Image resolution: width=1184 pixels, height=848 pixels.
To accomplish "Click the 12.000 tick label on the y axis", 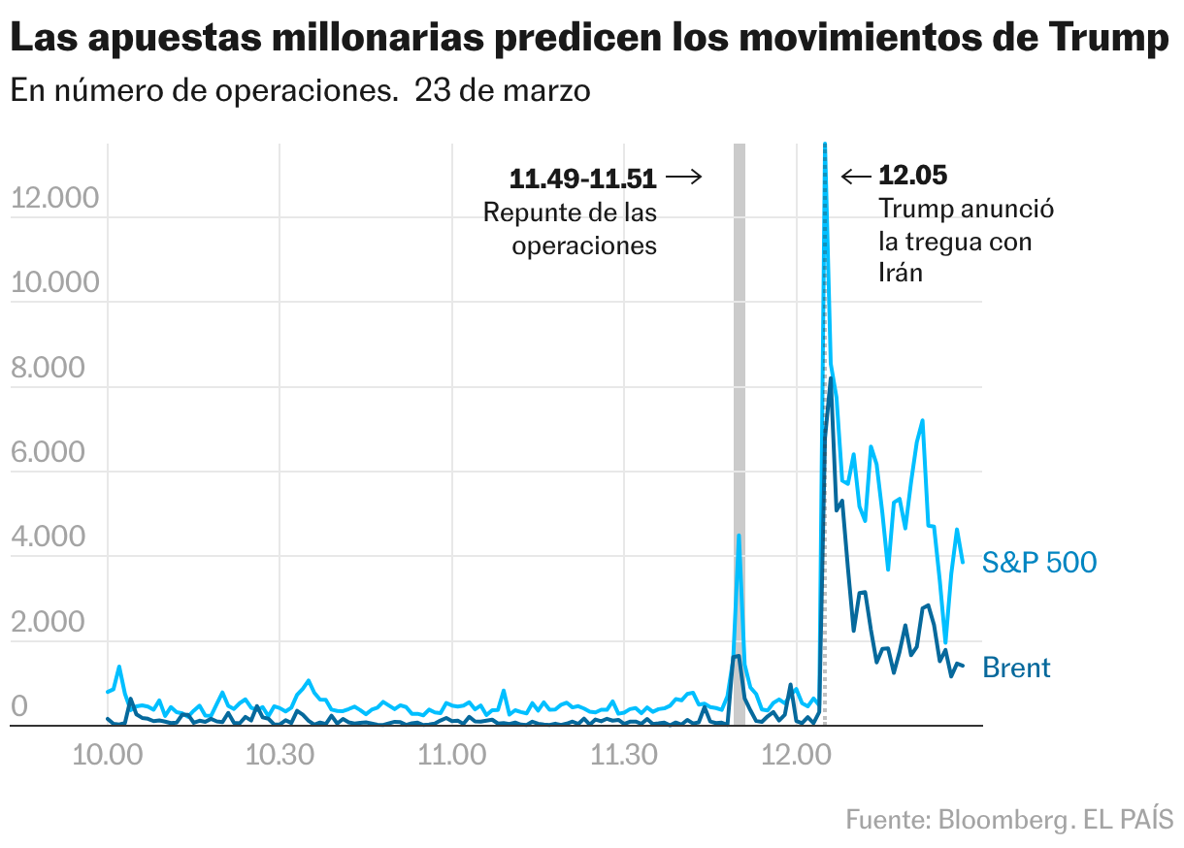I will [x=54, y=198].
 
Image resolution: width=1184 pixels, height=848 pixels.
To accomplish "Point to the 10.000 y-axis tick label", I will [x=54, y=282].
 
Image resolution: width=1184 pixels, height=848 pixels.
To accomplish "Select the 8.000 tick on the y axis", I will [x=54, y=368].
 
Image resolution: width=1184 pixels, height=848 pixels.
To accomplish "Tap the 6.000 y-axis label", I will [x=54, y=453].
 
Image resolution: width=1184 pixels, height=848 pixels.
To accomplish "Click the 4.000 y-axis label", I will [x=54, y=538].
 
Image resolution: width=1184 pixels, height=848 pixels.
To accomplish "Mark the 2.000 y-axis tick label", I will [x=54, y=623].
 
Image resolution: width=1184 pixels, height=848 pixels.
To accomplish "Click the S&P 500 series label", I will [x=1039, y=562].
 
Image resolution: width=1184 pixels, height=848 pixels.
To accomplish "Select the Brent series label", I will [x=1016, y=668].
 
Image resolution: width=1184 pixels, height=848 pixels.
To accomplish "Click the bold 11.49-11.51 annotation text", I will [x=582, y=178].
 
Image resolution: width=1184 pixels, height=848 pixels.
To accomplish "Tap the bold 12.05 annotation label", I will [x=912, y=176].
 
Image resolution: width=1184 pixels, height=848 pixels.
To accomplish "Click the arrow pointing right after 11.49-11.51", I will [x=683, y=177].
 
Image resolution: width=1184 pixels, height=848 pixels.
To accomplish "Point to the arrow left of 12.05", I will [x=856, y=176].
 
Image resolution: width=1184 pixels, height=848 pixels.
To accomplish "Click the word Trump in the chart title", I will [x=1109, y=39].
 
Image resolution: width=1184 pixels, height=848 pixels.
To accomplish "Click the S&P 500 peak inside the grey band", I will [x=739, y=536].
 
